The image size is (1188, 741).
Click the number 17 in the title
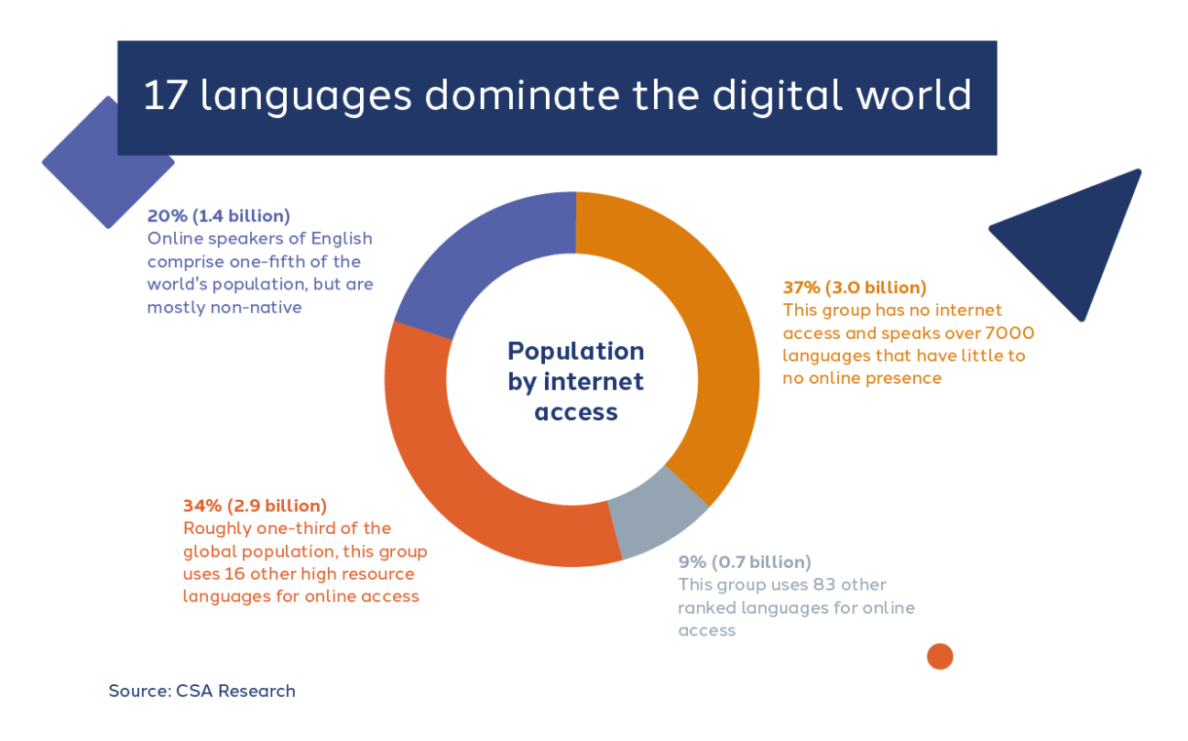point(165,95)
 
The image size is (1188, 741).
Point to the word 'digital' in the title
point(778,96)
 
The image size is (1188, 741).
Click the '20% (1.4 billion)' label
point(219,216)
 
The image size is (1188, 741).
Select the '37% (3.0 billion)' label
point(855,288)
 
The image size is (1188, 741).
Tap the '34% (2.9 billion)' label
point(255,506)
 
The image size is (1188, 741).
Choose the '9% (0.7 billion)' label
point(745,562)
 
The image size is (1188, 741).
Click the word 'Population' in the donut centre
point(576,351)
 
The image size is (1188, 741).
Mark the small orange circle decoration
point(940,657)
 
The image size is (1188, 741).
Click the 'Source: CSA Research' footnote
point(202,692)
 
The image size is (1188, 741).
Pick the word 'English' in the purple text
point(342,239)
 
